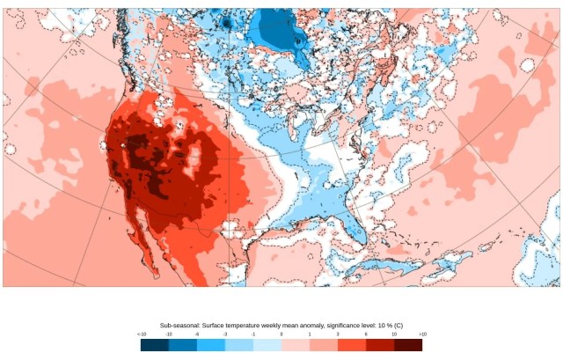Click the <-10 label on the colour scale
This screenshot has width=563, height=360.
click(142, 334)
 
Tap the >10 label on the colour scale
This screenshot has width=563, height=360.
click(422, 334)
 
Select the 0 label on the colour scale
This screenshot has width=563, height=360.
click(281, 334)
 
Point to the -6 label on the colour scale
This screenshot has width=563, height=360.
click(197, 334)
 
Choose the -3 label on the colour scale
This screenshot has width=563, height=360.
click(225, 334)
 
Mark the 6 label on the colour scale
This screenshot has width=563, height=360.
click(366, 334)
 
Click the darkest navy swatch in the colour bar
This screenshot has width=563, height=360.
click(155, 345)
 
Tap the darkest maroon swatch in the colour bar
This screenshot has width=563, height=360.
click(408, 345)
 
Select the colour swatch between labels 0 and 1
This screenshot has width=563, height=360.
click(296, 345)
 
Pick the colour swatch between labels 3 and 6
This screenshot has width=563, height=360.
click(352, 345)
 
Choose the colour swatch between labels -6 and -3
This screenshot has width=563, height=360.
click(211, 345)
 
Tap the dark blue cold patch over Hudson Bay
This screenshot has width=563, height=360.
click(280, 35)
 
